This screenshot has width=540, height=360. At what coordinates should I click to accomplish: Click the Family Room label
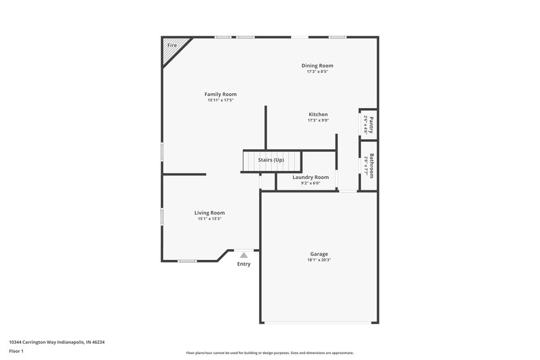[x=221, y=94]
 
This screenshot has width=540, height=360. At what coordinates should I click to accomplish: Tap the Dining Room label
[x=317, y=66]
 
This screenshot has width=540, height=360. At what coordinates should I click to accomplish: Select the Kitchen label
[x=318, y=114]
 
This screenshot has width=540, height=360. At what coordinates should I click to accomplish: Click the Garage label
[x=319, y=253]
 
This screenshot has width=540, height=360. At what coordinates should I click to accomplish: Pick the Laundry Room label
[x=310, y=177]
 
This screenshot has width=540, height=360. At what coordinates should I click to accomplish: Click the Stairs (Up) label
[x=271, y=159]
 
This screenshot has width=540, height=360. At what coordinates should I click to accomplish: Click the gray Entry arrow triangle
[x=244, y=255]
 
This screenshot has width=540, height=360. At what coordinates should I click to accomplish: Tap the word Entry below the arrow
[x=244, y=264]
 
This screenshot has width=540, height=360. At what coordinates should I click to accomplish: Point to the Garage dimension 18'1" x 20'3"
[x=319, y=260]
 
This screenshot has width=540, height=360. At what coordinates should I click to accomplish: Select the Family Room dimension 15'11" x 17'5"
[x=221, y=101]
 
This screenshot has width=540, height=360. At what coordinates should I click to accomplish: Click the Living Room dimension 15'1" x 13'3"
[x=210, y=219]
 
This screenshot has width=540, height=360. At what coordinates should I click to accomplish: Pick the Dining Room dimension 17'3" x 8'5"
[x=317, y=72]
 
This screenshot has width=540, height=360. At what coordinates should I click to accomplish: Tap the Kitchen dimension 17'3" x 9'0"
[x=318, y=121]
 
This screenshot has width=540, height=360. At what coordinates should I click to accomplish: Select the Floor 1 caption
[x=17, y=352]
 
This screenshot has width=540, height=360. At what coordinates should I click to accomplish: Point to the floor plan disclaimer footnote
[x=270, y=353]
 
